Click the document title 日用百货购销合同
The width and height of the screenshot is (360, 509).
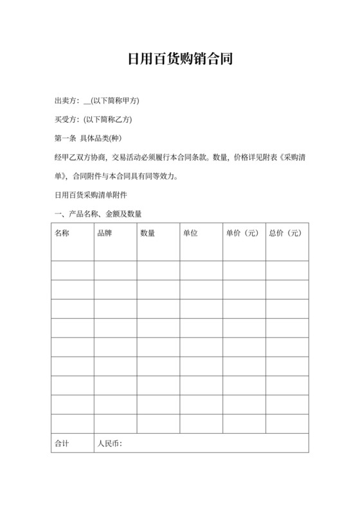[179, 60]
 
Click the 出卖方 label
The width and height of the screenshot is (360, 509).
[65, 101]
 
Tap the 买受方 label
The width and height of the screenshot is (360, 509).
[65, 120]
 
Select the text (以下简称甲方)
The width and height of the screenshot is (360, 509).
[116, 101]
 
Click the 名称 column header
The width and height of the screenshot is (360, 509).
[62, 233]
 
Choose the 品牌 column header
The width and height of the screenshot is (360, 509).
[104, 233]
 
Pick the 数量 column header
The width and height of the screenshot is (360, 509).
[147, 233]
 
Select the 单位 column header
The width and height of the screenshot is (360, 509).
[190, 233]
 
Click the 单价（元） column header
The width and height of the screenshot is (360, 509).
[242, 233]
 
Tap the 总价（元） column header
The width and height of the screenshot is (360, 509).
[285, 233]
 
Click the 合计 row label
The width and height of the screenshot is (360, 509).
[62, 443]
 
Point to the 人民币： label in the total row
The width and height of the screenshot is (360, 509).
[109, 443]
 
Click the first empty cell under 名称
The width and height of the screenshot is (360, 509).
[72, 270]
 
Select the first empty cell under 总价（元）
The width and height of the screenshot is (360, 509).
[287, 270]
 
